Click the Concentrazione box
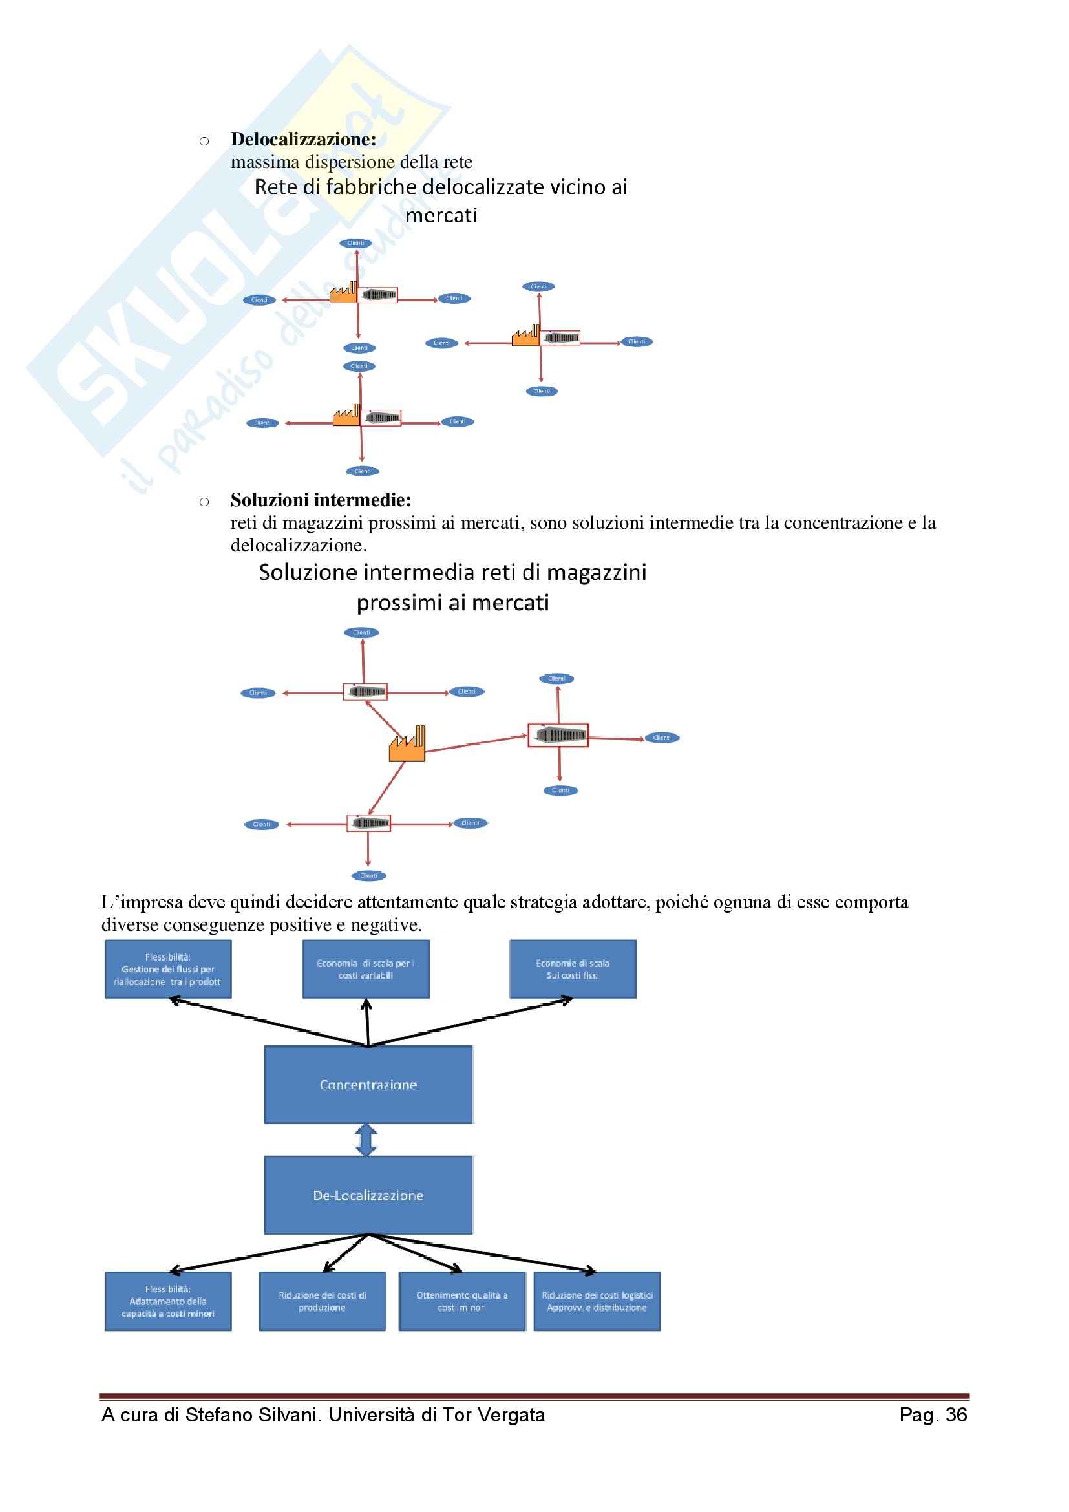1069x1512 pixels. (x=368, y=1085)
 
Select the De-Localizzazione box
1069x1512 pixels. (x=368, y=1195)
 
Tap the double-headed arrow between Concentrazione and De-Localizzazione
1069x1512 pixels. (x=366, y=1140)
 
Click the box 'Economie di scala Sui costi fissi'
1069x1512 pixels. (x=573, y=970)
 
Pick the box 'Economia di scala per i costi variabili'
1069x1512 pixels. (x=366, y=970)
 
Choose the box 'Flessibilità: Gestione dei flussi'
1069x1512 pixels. (x=169, y=970)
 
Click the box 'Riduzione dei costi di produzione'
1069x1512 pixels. (x=323, y=1301)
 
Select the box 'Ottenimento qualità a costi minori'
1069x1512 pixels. (x=462, y=1301)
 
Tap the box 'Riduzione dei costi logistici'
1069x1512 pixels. (x=597, y=1301)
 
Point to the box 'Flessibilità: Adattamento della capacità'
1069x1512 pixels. (x=169, y=1301)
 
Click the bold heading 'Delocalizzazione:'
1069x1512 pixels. (x=304, y=140)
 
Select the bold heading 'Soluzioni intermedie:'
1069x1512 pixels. (x=321, y=500)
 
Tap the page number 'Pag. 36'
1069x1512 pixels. (x=933, y=1415)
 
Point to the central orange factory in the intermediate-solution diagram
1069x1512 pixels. (x=407, y=745)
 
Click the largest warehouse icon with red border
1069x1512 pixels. (x=558, y=735)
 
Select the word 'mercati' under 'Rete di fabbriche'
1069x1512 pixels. (x=441, y=215)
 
